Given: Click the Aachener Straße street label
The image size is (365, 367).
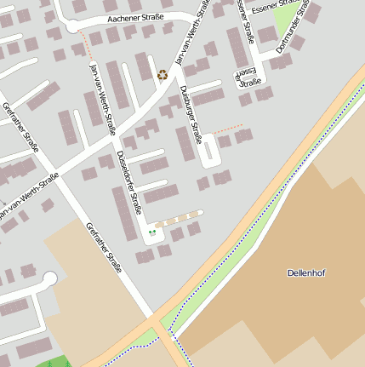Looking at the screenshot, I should [x=134, y=18].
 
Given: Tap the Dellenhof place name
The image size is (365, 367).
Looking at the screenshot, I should [x=306, y=272].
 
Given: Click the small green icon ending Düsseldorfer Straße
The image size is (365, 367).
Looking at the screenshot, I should [x=153, y=231].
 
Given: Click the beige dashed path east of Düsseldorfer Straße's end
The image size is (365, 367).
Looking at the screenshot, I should [x=180, y=219].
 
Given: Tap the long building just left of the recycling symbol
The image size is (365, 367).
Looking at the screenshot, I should [x=144, y=67].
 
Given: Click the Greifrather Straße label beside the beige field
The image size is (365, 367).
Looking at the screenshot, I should [x=103, y=247].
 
